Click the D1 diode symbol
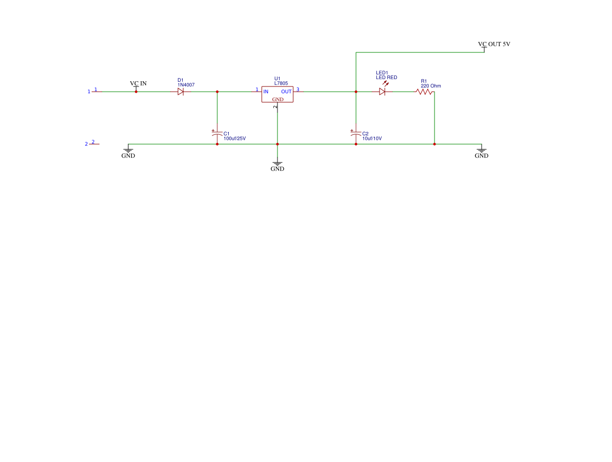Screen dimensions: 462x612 click(180, 92)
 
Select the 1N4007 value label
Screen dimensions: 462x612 click(186, 85)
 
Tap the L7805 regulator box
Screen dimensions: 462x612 click(277, 94)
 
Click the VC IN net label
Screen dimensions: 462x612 click(138, 83)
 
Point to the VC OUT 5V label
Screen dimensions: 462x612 click(494, 44)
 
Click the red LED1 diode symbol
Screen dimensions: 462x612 click(382, 92)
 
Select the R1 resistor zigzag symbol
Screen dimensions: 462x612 click(424, 92)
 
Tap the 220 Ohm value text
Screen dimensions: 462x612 click(431, 86)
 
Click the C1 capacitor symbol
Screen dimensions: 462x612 click(217, 134)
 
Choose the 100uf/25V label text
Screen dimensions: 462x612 click(235, 139)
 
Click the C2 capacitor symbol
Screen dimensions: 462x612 click(356, 134)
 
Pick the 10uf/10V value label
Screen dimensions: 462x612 click(372, 139)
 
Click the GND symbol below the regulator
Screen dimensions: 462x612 click(277, 164)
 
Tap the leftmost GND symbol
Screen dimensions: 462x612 click(128, 151)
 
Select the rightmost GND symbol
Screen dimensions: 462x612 click(482, 151)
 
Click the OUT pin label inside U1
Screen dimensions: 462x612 click(286, 92)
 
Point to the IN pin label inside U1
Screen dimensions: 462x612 click(266, 92)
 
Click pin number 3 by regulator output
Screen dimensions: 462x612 click(298, 89)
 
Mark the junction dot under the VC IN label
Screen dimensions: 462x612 click(136, 92)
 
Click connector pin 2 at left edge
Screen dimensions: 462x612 click(93, 142)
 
